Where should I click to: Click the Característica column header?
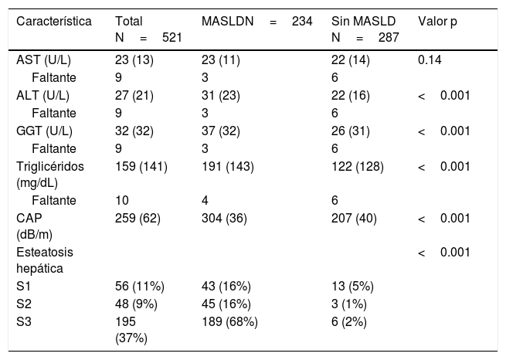(x=54, y=22)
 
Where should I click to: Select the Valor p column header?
(x=437, y=22)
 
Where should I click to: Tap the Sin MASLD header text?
(x=363, y=22)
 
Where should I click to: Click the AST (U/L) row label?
(x=43, y=60)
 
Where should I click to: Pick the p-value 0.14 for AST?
(x=430, y=60)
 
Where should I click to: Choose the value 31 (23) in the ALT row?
(x=221, y=96)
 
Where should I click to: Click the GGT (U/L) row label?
(x=44, y=131)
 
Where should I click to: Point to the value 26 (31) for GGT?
(x=351, y=131)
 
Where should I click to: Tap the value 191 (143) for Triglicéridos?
(x=228, y=166)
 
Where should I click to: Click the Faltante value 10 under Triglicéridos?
(x=122, y=200)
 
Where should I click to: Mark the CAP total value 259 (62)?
(x=138, y=219)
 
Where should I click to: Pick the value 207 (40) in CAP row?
(x=354, y=219)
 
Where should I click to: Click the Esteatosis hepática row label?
(x=45, y=260)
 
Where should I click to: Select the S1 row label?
(x=23, y=286)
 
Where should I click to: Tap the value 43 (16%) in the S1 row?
(x=226, y=286)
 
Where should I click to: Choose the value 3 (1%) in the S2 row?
(x=349, y=304)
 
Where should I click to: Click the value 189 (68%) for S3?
(x=229, y=321)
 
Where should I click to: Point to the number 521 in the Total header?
(x=172, y=37)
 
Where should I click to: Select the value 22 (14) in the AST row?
(x=351, y=60)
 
